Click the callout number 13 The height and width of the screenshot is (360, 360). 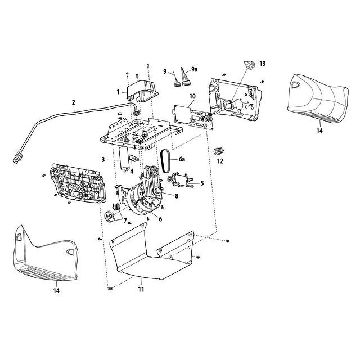(x=263, y=64)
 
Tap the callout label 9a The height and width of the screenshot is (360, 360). (x=194, y=69)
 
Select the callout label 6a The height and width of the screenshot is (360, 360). (x=182, y=159)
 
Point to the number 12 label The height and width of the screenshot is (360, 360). (x=220, y=161)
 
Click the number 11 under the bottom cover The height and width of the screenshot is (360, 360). (x=141, y=289)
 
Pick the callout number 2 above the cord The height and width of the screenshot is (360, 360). (x=74, y=102)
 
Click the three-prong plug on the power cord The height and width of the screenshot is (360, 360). (x=17, y=158)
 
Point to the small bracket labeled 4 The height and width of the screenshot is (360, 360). (x=134, y=158)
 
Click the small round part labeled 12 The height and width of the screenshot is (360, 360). (x=219, y=151)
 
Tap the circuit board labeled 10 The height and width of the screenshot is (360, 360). (x=193, y=117)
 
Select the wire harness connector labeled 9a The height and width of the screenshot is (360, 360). (x=186, y=78)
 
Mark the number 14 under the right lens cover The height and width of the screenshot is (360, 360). (x=319, y=131)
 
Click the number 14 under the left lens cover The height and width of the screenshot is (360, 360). (x=56, y=291)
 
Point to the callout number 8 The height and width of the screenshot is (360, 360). (x=177, y=196)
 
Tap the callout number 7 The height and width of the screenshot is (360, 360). (x=125, y=220)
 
